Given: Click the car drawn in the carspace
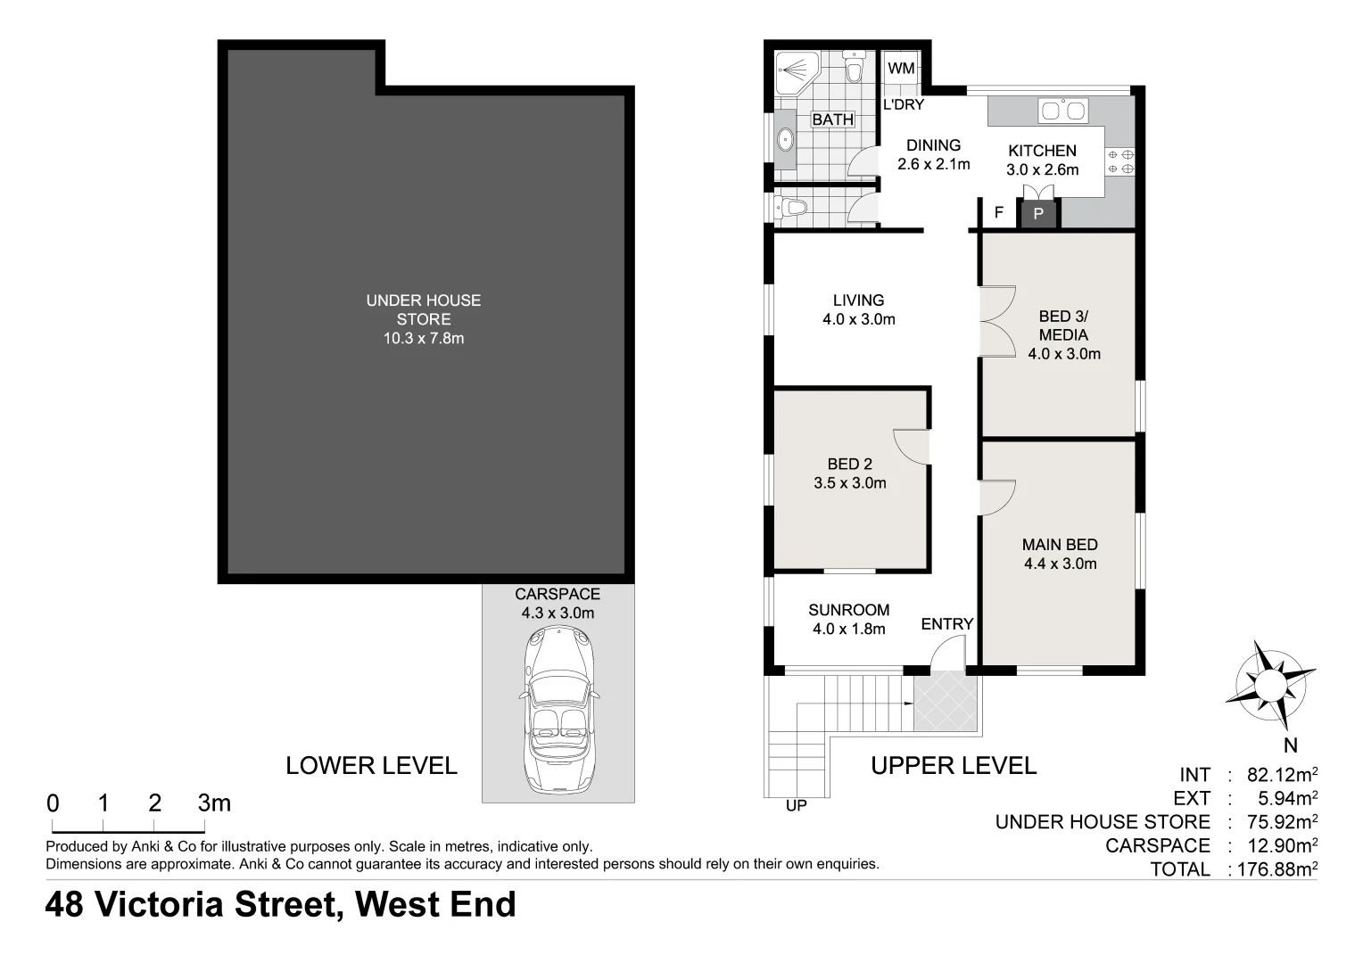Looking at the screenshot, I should click(558, 710).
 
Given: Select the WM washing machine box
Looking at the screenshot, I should click(901, 69).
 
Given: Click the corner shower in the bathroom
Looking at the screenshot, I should click(796, 72).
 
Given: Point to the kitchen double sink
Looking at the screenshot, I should click(1063, 111).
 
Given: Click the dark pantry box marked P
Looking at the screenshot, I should click(1038, 214).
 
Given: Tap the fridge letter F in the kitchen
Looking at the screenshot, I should click(999, 213).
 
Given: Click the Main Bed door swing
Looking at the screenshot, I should click(997, 498).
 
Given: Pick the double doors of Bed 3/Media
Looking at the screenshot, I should click(998, 321).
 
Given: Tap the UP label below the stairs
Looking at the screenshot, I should click(796, 806).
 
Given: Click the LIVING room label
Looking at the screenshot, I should click(858, 300).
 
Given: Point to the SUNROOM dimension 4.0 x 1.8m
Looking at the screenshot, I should click(848, 630).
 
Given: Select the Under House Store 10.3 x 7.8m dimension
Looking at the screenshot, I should click(424, 339).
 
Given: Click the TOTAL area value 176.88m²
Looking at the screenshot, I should click(1276, 869).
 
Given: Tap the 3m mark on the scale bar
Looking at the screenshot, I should click(214, 803).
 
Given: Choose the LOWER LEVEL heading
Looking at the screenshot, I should click(371, 766).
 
